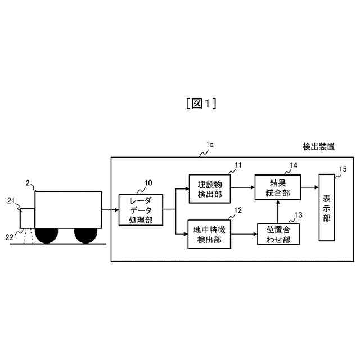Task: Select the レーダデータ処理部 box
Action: tap(141, 209)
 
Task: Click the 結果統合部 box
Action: tap(277, 187)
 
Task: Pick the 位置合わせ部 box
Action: tap(278, 234)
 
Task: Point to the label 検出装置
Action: tap(318, 147)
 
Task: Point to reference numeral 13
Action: tap(298, 214)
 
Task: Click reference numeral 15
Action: tap(343, 168)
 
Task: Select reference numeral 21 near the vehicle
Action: tap(11, 200)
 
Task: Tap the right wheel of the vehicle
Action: tap(86, 235)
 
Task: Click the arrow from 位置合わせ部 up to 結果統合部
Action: tap(278, 211)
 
